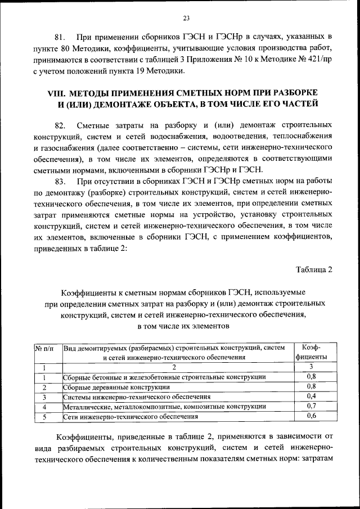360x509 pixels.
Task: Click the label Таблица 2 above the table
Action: [314, 269]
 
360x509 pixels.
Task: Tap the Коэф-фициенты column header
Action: [311, 352]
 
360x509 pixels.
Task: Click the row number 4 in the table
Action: [44, 407]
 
